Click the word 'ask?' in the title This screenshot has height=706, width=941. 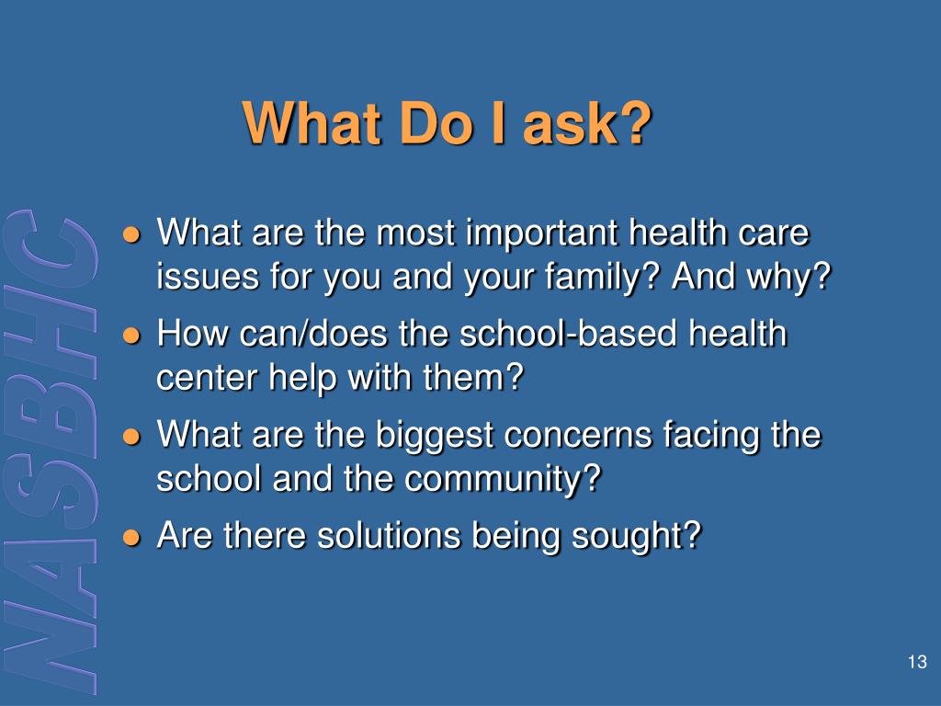pos(586,123)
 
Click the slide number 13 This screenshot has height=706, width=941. pos(915,663)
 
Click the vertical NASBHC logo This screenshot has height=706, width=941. pos(53,450)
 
